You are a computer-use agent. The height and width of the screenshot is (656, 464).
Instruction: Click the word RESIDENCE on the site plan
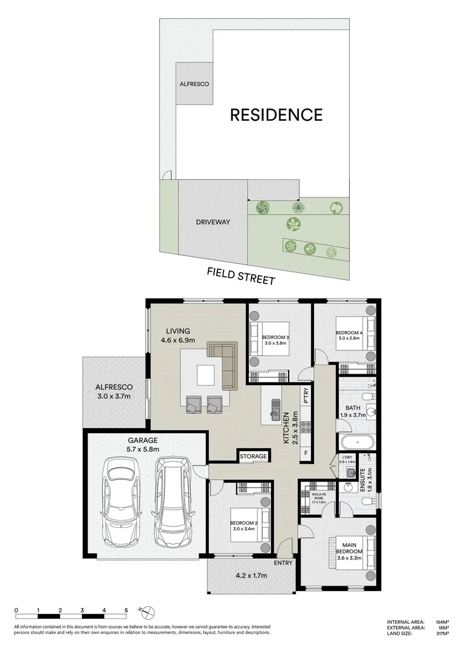click(276, 114)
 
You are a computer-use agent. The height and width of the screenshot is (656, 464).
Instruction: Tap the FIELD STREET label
click(241, 276)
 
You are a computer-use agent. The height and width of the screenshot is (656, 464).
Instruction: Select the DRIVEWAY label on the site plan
click(213, 222)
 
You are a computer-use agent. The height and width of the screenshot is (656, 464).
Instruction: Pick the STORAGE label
click(253, 456)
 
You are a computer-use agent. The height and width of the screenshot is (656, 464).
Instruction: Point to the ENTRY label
click(283, 563)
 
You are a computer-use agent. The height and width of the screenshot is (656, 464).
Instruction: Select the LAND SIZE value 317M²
click(442, 634)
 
